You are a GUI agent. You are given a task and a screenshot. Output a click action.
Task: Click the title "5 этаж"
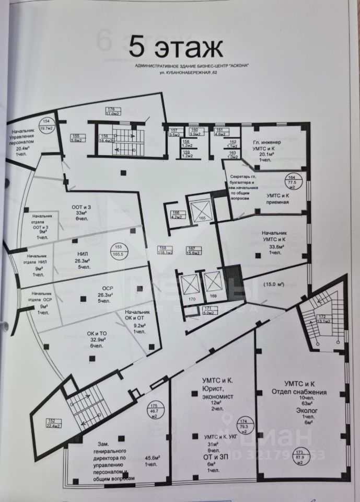click(x=176, y=48)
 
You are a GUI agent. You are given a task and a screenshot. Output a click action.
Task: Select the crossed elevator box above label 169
click(x=214, y=284)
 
